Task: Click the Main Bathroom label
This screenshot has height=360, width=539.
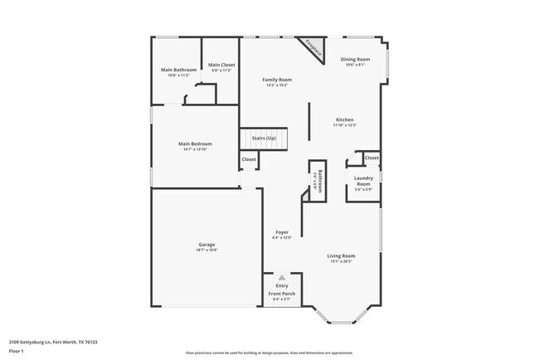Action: [178, 69]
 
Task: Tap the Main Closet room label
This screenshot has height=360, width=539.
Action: [221, 65]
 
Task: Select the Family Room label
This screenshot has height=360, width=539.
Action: [277, 80]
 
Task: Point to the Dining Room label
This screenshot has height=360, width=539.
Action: [356, 60]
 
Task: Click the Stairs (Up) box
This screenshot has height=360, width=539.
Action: [264, 139]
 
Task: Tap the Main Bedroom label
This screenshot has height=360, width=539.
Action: [195, 144]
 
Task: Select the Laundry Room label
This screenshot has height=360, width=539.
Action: [363, 181]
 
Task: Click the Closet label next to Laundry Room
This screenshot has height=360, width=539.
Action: [371, 158]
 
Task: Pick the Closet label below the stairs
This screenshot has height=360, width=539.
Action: [249, 159]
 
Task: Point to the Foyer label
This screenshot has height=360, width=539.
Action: [281, 232]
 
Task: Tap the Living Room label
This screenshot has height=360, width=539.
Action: [341, 255]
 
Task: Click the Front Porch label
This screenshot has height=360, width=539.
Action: [282, 294]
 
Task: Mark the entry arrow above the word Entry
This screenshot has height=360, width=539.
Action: [282, 278]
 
